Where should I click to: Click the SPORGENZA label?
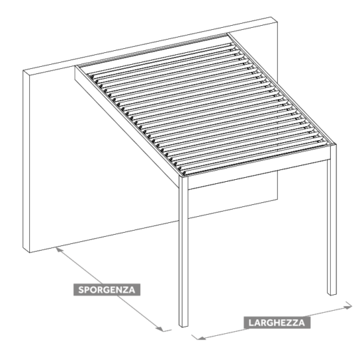pyautogui.click(x=107, y=290)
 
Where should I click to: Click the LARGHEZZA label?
pyautogui.click(x=277, y=323)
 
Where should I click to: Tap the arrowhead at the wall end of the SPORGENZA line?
pyautogui.click(x=59, y=250)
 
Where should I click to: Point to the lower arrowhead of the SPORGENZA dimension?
pyautogui.click(x=160, y=329)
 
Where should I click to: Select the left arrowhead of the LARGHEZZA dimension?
pyautogui.click(x=201, y=338)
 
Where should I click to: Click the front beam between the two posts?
pyautogui.click(x=258, y=174)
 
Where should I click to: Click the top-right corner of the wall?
pyautogui.click(x=277, y=22)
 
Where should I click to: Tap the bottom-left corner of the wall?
pyautogui.click(x=30, y=253)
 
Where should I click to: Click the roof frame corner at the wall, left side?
pyautogui.click(x=75, y=67)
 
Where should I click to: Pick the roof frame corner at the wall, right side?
pyautogui.click(x=227, y=34)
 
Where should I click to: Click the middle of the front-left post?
pyautogui.click(x=183, y=251)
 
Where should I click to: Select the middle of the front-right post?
pyautogui.click(x=332, y=220)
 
